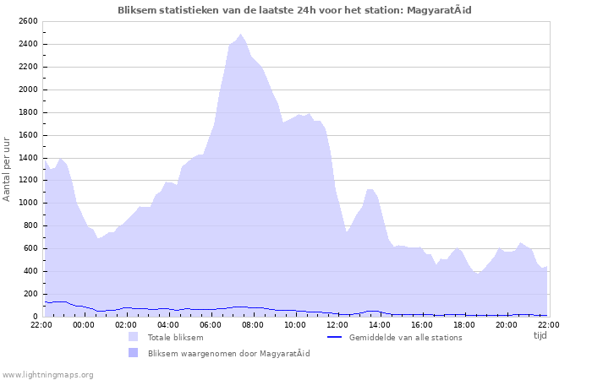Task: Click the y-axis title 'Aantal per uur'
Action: pos(8,167)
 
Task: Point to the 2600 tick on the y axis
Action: pos(26,21)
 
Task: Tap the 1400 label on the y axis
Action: pos(26,157)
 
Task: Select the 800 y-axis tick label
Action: pos(29,225)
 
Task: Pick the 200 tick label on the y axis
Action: pos(29,293)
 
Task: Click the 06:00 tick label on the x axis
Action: pos(210,324)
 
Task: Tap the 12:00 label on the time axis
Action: pos(337,324)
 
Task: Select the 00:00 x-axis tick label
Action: pos(84,324)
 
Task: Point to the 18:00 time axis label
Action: pos(463,324)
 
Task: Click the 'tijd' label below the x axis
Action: pos(540,335)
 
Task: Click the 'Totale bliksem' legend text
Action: pos(175,337)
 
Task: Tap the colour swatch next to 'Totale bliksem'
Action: pos(133,337)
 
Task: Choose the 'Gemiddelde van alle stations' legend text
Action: pos(405,337)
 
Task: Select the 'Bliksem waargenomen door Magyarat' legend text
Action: pos(228,353)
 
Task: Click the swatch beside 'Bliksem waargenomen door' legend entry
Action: pos(133,353)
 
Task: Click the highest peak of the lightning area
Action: pos(241,35)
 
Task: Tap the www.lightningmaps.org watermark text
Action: pos(48,374)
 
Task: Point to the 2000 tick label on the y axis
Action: pos(26,90)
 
